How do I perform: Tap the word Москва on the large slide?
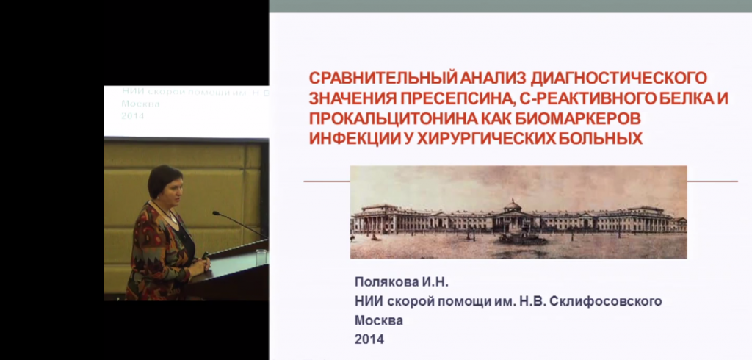tap(379, 320)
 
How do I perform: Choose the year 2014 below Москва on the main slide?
tap(369, 339)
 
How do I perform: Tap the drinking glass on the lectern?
tap(261, 257)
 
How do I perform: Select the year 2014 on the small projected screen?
tap(133, 116)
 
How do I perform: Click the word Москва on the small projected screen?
tap(140, 104)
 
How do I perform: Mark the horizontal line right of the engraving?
tap(712, 181)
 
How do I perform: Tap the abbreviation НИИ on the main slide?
tap(369, 301)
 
